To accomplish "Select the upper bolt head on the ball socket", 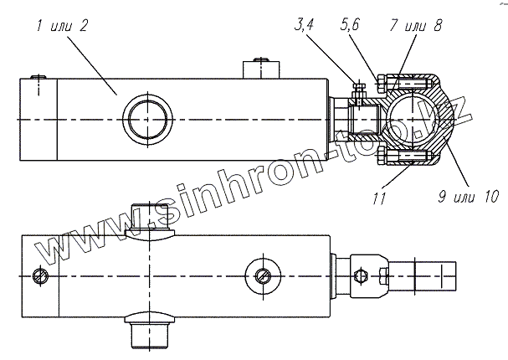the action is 382,84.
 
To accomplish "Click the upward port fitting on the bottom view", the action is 151,220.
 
